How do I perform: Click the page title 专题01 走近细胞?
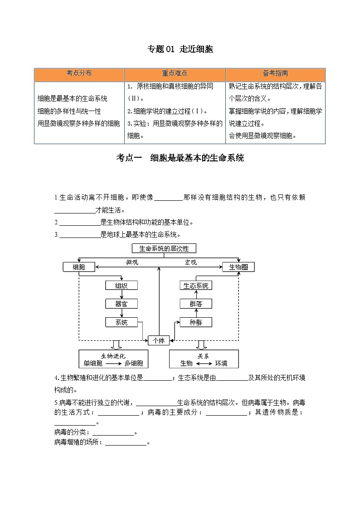tap(180, 49)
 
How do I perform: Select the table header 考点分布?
tap(79, 73)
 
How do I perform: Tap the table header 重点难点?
tap(175, 73)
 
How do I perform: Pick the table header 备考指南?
tap(275, 73)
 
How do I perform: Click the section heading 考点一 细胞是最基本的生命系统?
tap(180, 158)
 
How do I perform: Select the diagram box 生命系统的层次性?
tap(163, 248)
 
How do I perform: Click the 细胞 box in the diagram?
tap(79, 267)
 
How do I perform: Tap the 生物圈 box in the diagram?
tap(238, 267)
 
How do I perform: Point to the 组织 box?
tap(121, 286)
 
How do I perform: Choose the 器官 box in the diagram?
tap(121, 304)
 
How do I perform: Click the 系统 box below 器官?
tap(121, 322)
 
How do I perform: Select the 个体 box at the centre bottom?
tap(159, 340)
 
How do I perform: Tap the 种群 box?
tap(196, 322)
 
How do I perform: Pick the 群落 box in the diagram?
tap(196, 304)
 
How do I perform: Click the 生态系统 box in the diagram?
tap(196, 286)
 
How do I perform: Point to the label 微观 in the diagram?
tap(132, 262)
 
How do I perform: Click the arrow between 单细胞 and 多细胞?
tap(113, 364)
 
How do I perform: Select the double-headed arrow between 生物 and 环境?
tap(204, 364)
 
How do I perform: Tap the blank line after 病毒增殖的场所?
tap(126, 443)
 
